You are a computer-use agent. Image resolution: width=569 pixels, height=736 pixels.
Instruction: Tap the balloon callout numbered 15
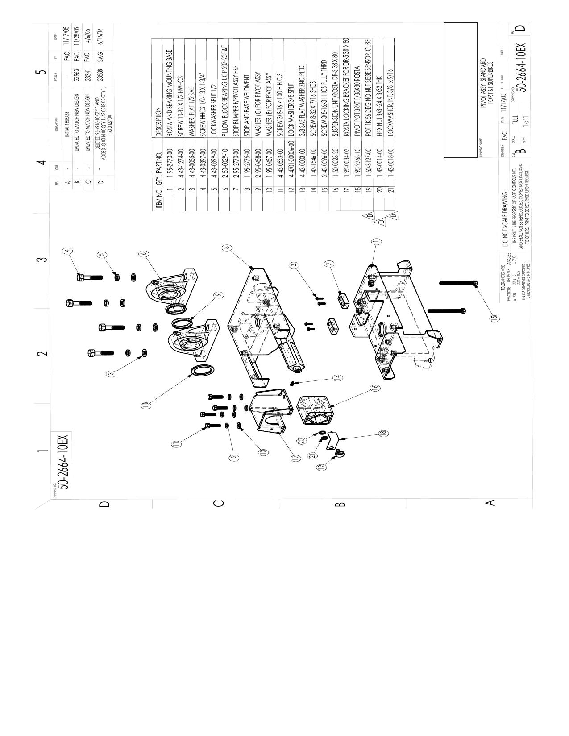tap(494, 318)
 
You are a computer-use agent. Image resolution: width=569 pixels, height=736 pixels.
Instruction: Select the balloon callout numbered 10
tap(145, 405)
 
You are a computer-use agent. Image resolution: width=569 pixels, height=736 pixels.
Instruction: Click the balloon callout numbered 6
tap(143, 253)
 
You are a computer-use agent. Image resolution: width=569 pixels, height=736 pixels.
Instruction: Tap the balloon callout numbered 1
tap(376, 241)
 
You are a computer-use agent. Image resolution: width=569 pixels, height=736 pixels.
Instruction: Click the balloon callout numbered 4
tap(67, 251)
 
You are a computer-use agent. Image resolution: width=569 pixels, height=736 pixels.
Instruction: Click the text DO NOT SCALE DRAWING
tap(506, 218)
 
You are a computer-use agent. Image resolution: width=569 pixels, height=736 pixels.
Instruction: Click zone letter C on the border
tap(219, 504)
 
